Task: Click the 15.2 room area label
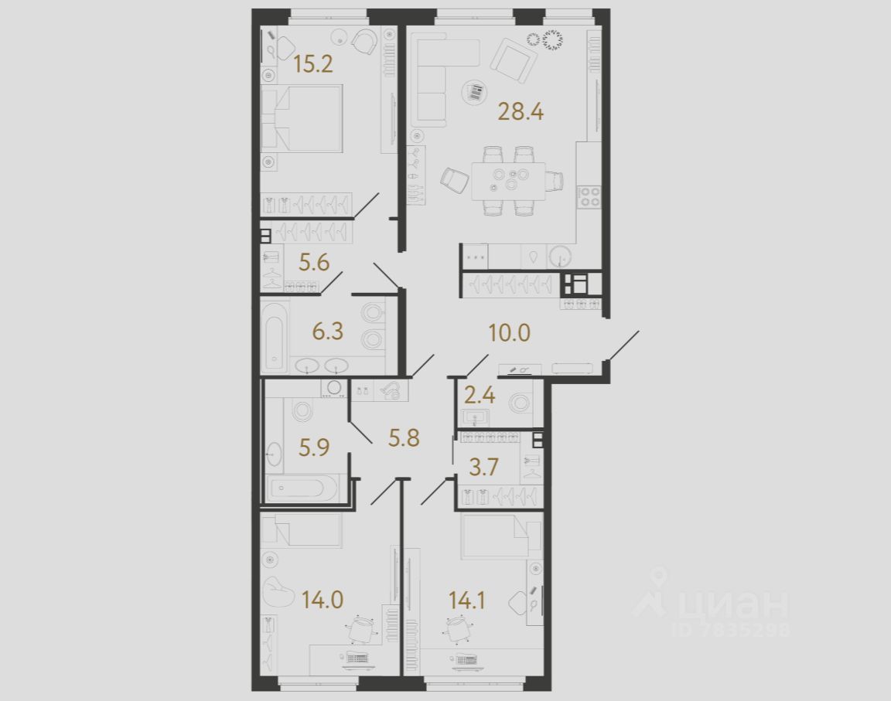click(x=313, y=63)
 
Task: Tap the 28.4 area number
click(x=521, y=113)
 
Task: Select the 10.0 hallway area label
click(x=509, y=333)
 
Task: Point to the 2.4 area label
click(x=480, y=397)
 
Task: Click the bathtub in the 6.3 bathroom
click(x=275, y=334)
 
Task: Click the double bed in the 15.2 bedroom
click(x=302, y=117)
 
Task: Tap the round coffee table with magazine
click(x=473, y=93)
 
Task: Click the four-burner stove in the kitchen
click(x=590, y=196)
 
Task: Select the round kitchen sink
click(x=560, y=256)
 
